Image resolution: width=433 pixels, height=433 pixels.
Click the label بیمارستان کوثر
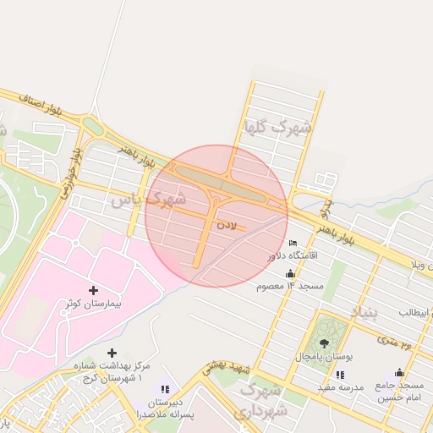(x=94, y=303)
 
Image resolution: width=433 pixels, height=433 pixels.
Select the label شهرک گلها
(x=277, y=129)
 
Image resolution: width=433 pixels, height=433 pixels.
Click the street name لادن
(x=227, y=225)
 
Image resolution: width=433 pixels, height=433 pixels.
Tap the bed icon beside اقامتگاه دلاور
(x=293, y=244)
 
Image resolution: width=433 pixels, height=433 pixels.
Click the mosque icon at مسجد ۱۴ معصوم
(x=291, y=274)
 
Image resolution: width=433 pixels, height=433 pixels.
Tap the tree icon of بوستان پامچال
(x=325, y=343)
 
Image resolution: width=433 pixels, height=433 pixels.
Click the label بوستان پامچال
(x=325, y=356)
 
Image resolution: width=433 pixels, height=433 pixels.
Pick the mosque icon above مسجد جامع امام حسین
(x=399, y=373)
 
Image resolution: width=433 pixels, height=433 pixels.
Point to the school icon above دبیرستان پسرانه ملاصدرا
(x=165, y=389)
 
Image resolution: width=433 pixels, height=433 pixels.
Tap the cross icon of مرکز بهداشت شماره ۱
(x=112, y=352)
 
